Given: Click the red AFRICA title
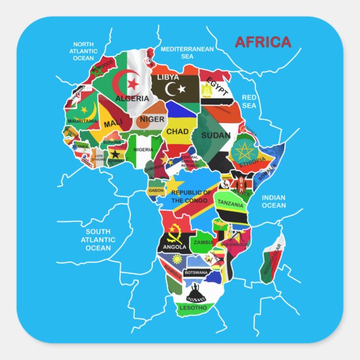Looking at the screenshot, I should (x=263, y=42).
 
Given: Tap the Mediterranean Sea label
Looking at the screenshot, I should (x=187, y=53).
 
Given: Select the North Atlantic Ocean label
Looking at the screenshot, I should (x=83, y=51).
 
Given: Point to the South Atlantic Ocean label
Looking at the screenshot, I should (x=98, y=240).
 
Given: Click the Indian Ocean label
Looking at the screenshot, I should (x=274, y=201).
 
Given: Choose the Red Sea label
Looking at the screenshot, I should (x=249, y=101).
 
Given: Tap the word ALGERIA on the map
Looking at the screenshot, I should (x=132, y=99).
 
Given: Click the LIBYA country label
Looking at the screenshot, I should (x=168, y=77).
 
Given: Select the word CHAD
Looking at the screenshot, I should (x=177, y=132).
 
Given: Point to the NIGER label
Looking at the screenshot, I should (x=152, y=119).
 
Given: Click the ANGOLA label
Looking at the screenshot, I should (x=174, y=247).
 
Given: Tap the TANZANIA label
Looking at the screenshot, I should (x=230, y=203).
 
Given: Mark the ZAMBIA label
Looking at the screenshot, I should (x=202, y=243).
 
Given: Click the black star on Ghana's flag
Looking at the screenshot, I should (x=115, y=154).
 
